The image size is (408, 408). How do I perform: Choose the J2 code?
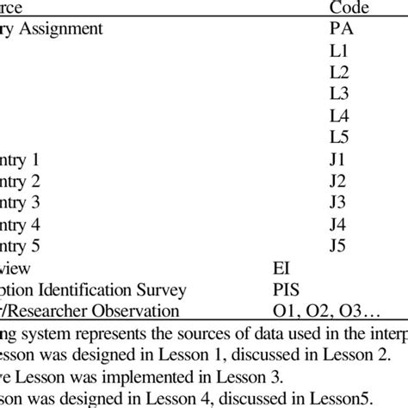[338, 182]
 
